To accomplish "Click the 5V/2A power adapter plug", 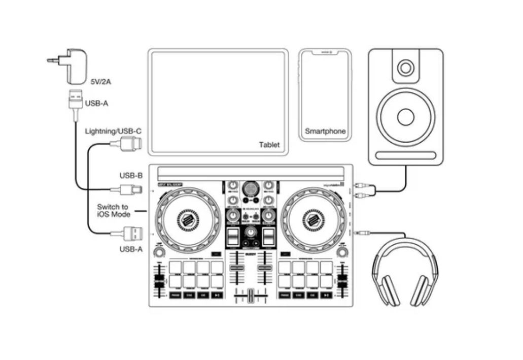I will tap(71, 66).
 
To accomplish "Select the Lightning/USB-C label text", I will tap(113, 131).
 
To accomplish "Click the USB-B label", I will tap(131, 176).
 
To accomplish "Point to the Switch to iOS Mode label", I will tap(113, 211).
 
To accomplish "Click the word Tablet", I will tap(269, 145).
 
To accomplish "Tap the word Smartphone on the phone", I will tap(325, 131).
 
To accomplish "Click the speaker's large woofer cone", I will tap(405, 117).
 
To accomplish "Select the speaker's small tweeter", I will tap(405, 68).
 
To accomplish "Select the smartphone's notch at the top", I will tap(325, 52).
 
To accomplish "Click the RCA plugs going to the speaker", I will tap(365, 190).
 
